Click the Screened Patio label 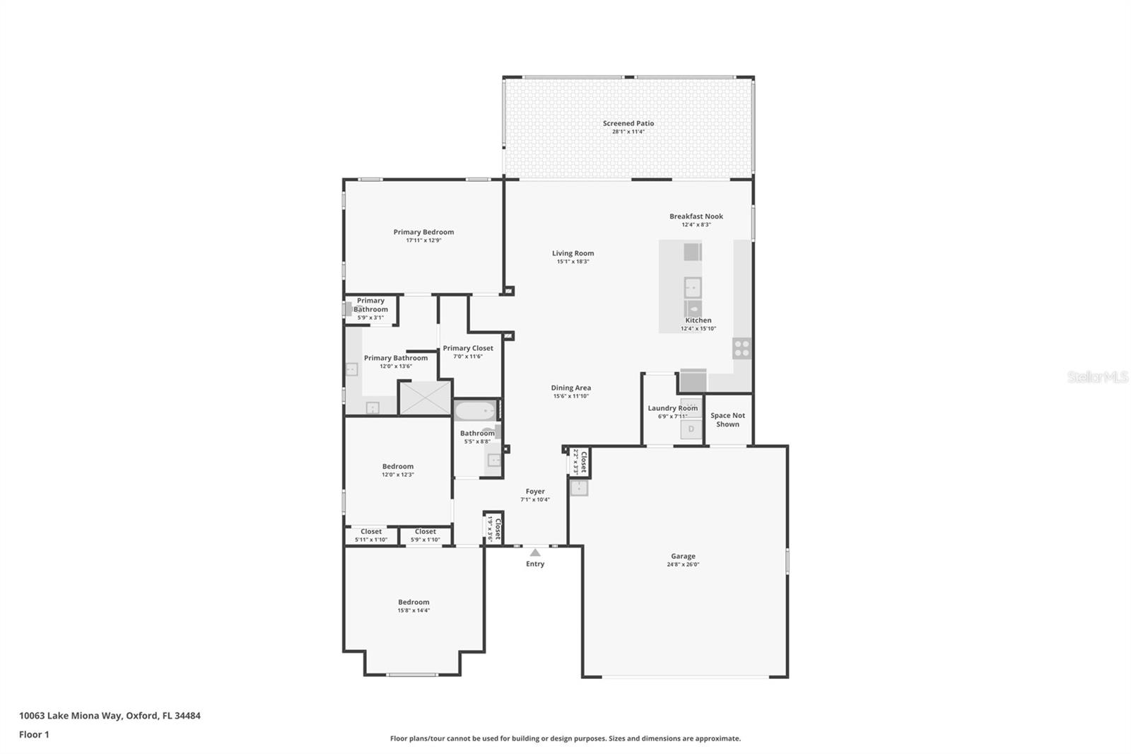628,123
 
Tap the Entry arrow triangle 535,552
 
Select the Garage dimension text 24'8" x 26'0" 683,564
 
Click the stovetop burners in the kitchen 742,348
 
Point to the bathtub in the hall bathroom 475,411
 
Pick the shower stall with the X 425,398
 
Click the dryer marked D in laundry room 691,429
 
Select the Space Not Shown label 727,420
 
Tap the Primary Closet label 468,348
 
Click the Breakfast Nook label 696,216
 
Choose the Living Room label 573,253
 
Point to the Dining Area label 570,388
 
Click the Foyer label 535,492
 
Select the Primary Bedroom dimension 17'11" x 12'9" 423,240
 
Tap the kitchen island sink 693,288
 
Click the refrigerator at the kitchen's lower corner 693,381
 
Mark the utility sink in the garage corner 579,487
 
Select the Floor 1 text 34,735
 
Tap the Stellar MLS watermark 1097,378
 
